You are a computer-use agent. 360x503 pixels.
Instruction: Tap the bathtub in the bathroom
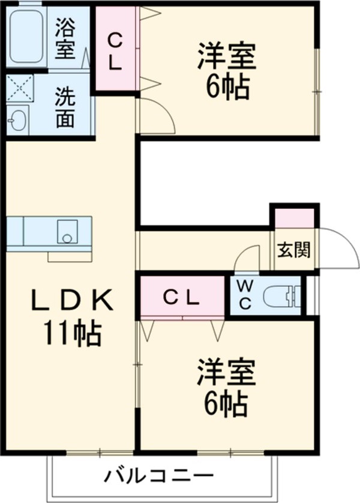(x=26, y=37)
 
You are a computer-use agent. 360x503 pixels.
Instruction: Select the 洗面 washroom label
(x=65, y=108)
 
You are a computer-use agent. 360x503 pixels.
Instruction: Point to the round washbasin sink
(x=18, y=121)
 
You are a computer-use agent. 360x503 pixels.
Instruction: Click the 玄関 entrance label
(x=293, y=250)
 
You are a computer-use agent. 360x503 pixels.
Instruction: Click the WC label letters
(x=245, y=295)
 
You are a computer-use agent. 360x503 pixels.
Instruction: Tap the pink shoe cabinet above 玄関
(x=294, y=217)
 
